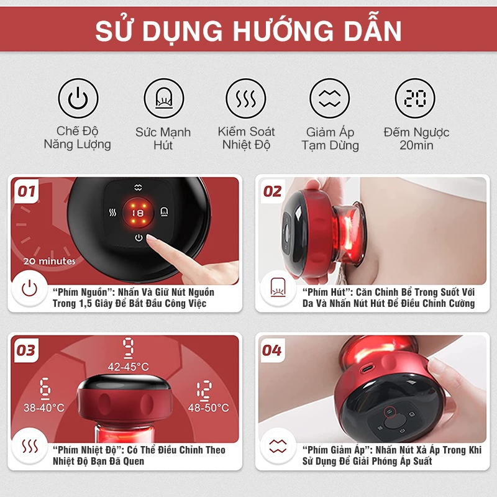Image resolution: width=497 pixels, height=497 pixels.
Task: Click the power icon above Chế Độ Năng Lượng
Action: click(x=78, y=98)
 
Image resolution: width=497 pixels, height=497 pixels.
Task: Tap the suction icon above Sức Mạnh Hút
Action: click(x=163, y=98)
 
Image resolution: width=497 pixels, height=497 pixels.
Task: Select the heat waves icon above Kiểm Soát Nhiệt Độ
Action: click(x=246, y=98)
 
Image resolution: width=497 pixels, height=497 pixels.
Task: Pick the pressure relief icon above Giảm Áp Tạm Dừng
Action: click(x=330, y=98)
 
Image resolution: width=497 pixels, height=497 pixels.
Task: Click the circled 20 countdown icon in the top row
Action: click(x=414, y=98)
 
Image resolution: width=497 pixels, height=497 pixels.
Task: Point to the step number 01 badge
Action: click(x=26, y=191)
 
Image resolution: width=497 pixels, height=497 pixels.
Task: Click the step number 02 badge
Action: click(x=272, y=191)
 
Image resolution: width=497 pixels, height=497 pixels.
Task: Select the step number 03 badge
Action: click(x=26, y=350)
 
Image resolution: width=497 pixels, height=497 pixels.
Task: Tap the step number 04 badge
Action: click(x=272, y=350)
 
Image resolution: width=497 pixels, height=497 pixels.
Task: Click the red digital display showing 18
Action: click(x=138, y=213)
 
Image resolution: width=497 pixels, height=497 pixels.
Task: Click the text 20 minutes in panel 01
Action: click(x=50, y=261)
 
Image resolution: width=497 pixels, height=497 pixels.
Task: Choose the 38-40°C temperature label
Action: click(x=43, y=408)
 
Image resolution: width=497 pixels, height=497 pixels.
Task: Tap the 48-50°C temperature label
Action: click(x=208, y=408)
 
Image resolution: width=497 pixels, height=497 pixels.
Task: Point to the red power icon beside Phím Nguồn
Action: click(x=29, y=288)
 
